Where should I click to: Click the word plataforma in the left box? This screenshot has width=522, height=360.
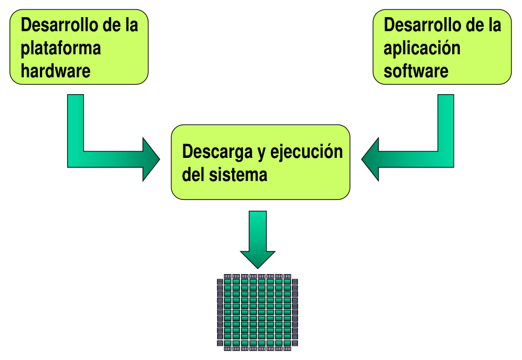[x=61, y=48]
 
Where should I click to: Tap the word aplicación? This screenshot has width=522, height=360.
[x=422, y=48]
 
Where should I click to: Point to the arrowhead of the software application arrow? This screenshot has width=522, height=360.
[x=371, y=159]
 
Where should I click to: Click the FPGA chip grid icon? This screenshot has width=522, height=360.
[x=257, y=312]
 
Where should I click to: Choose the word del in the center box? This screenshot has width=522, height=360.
[x=193, y=174]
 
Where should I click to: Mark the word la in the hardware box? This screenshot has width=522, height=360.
[x=131, y=25]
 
